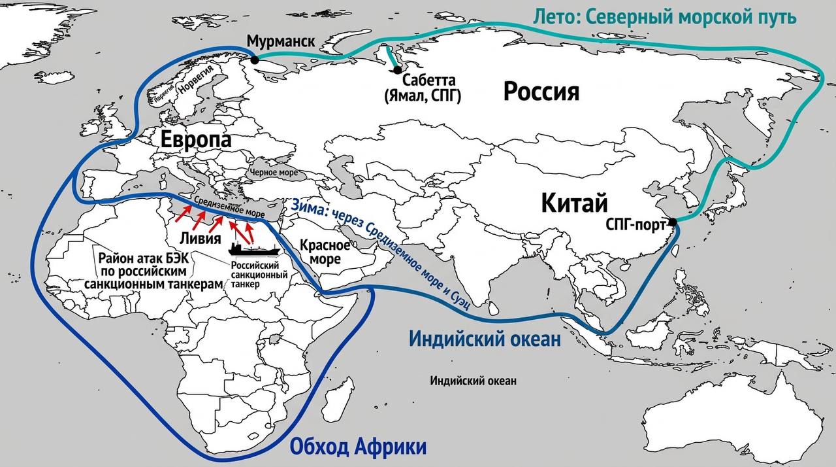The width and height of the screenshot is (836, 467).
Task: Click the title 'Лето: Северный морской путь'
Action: point(664,16)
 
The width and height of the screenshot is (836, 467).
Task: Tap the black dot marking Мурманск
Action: point(254,60)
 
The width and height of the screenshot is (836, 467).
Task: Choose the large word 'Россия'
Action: point(541,92)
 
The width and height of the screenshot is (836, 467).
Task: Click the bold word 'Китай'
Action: point(575,203)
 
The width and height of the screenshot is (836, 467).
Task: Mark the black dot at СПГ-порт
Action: point(673,222)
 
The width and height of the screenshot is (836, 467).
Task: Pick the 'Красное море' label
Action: point(320,251)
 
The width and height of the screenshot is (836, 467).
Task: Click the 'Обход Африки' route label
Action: point(357,447)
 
